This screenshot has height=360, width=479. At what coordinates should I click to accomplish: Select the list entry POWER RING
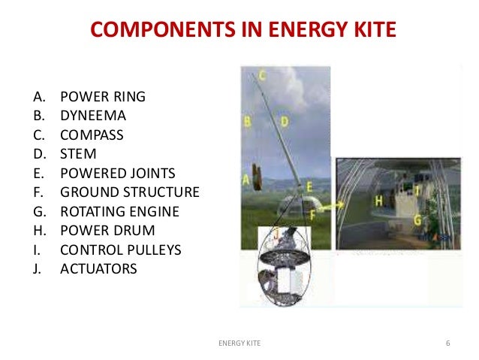[103, 97]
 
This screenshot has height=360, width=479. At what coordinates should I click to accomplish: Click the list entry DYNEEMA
[93, 116]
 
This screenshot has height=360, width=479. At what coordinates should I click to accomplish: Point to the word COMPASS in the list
[92, 135]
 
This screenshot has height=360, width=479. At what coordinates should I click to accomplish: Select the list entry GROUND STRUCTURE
[130, 192]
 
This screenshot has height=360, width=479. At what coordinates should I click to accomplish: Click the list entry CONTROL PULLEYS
[120, 249]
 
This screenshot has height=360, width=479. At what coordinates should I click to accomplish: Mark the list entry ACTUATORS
[98, 268]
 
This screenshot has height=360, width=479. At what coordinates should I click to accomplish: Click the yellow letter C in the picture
[263, 74]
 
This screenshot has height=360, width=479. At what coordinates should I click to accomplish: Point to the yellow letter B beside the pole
[246, 121]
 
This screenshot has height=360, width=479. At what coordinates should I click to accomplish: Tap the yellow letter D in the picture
[284, 121]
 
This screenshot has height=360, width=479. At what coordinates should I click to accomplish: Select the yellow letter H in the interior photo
[379, 200]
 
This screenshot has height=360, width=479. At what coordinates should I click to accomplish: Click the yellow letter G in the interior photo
[417, 219]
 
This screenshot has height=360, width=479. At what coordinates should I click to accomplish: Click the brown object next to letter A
[257, 177]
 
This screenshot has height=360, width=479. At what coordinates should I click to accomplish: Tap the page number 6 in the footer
[447, 344]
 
